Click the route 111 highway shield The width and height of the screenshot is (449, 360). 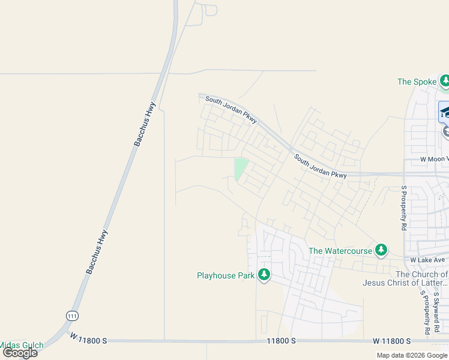coord(73,315)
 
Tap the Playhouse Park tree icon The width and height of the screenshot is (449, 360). coord(264,275)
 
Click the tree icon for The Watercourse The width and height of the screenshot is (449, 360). coord(381,250)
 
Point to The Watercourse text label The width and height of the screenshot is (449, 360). coord(340,251)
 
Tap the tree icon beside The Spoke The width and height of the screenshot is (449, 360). coord(445,81)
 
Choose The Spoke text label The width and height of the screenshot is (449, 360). coord(417,82)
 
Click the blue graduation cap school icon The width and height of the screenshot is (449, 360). coord(445,112)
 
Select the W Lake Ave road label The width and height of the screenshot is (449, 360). coord(427,260)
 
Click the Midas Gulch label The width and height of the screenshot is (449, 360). coord(21,345)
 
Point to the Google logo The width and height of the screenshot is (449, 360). coord(20,353)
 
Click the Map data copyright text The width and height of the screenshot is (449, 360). coord(412,355)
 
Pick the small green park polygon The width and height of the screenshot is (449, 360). coord(240,168)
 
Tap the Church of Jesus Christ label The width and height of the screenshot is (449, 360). coord(405,278)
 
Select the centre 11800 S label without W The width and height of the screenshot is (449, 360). coord(282,341)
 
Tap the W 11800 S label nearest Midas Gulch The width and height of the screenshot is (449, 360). coord(88,340)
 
